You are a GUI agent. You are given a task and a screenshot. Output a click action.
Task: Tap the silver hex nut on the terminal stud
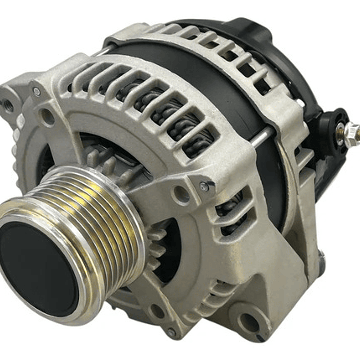coord(352,131)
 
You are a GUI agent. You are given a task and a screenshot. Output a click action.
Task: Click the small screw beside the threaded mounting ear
coord(36,92)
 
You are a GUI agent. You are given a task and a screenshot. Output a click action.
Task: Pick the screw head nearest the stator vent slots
coord(204,186)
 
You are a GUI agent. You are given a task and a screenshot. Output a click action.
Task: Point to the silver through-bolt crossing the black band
coord(263,136)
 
